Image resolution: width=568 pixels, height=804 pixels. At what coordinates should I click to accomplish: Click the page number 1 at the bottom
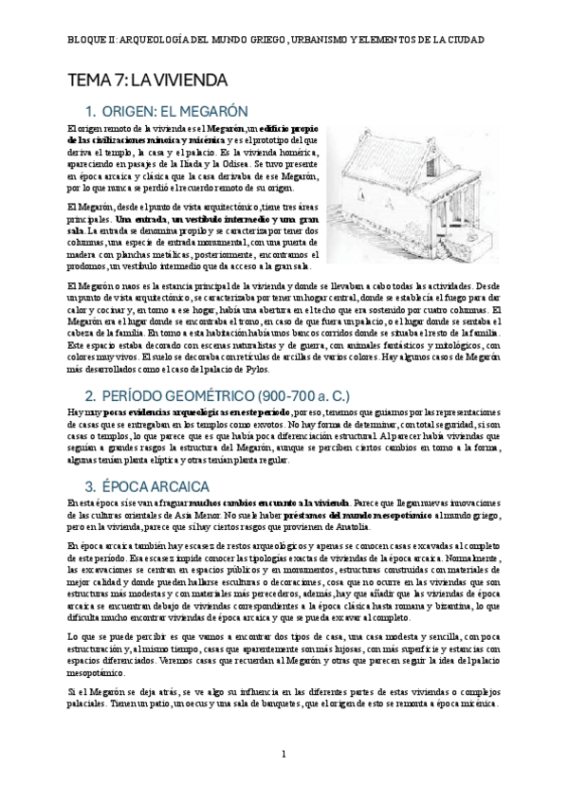pyautogui.click(x=284, y=754)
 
